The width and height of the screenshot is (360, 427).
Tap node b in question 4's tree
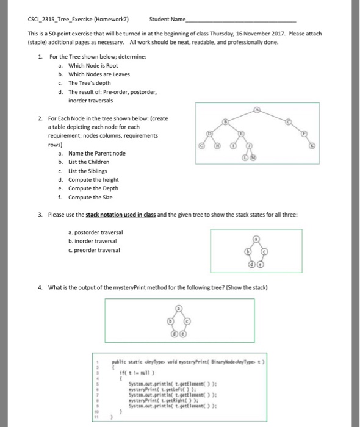171,320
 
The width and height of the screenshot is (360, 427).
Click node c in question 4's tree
187,320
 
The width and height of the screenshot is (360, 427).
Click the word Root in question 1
104,65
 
